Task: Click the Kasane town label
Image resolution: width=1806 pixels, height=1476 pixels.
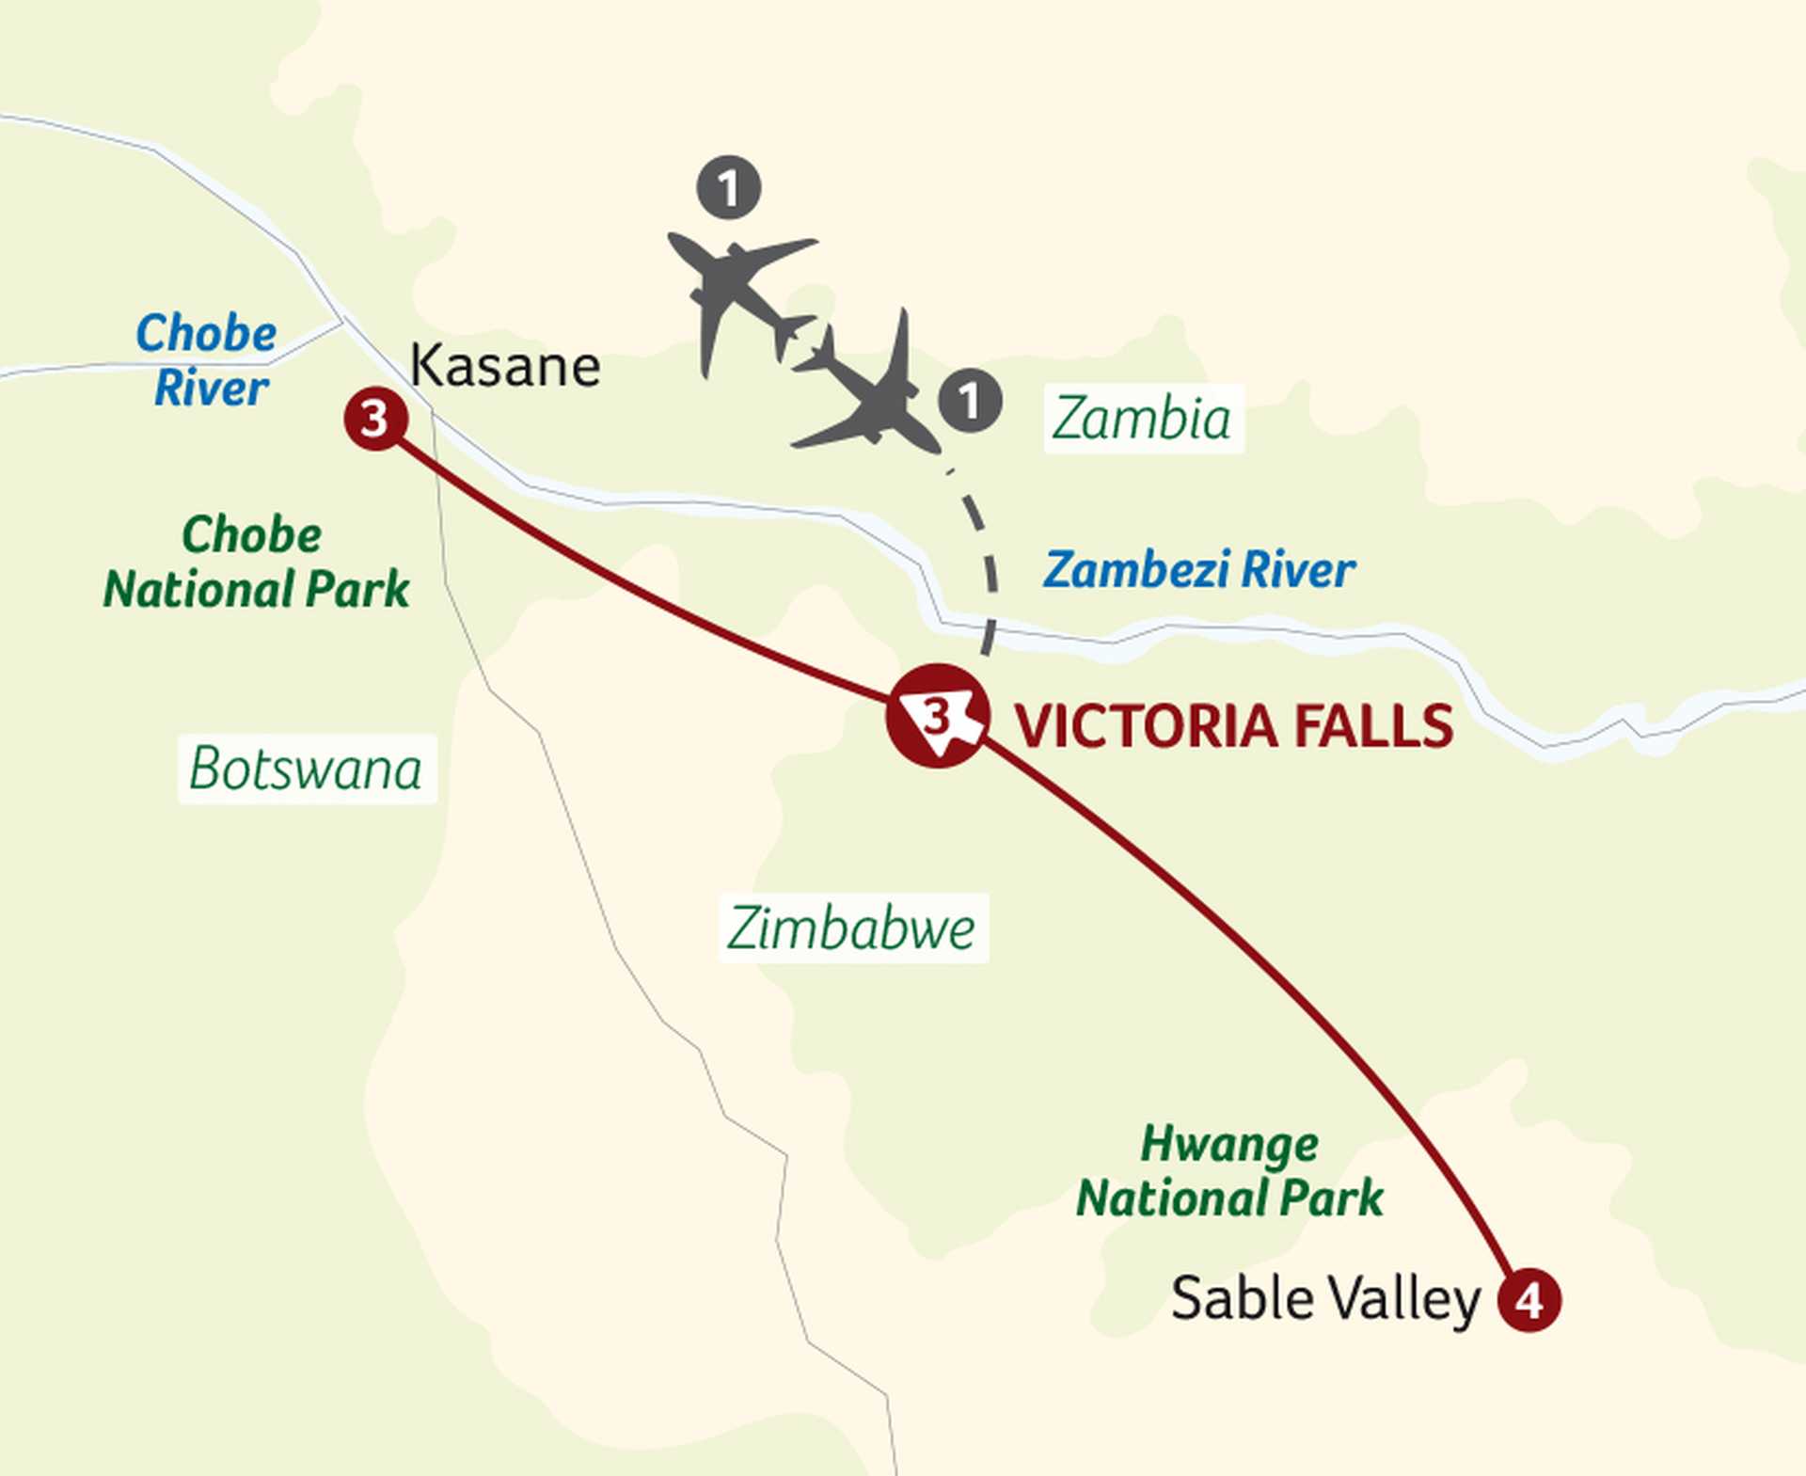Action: [x=505, y=366]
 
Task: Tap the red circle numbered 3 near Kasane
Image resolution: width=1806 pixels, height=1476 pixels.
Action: [x=375, y=419]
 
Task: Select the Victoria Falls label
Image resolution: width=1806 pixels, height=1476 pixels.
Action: [x=1233, y=725]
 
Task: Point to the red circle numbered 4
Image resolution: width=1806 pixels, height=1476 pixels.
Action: [x=1529, y=1300]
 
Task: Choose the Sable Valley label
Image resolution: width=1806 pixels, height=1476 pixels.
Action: [x=1325, y=1300]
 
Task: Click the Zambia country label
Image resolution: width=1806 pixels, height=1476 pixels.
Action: [x=1142, y=419]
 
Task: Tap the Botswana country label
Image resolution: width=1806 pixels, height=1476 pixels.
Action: [x=307, y=769]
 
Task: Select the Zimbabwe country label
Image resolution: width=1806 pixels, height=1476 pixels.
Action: [x=852, y=928]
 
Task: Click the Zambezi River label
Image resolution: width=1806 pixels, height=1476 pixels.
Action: [x=1199, y=570]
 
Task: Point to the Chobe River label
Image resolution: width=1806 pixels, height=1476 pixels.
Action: [x=208, y=360]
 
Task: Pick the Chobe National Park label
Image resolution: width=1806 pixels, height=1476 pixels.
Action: [x=256, y=562]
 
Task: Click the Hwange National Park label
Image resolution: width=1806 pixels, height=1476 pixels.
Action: [x=1229, y=1171]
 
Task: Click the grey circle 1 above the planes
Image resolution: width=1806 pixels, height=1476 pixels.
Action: [x=729, y=188]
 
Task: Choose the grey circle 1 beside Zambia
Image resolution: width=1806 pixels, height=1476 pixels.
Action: [x=970, y=401]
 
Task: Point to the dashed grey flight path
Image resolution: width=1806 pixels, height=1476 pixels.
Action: [x=985, y=555]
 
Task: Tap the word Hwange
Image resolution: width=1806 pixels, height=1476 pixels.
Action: [x=1229, y=1145]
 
